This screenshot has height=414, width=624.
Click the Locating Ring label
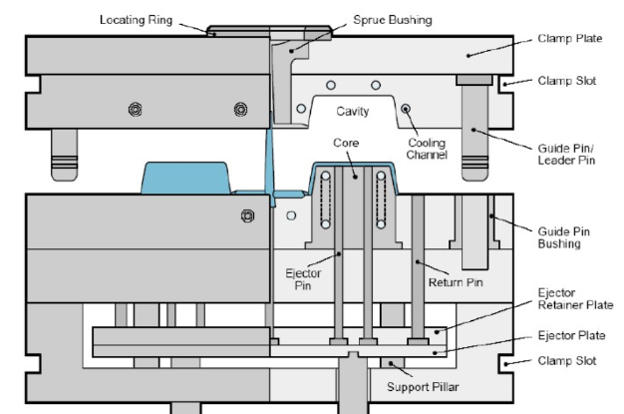click(x=142, y=20)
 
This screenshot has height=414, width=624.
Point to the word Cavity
click(x=351, y=112)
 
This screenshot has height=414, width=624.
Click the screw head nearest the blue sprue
click(x=239, y=108)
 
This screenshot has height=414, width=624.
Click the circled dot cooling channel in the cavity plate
click(x=406, y=108)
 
